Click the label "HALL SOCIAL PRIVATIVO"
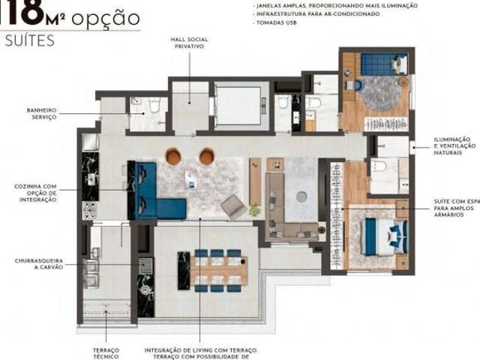tap(189, 42)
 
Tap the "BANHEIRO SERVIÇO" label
tap(38, 113)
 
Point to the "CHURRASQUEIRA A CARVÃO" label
tap(40, 264)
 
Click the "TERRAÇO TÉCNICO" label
tap(106, 352)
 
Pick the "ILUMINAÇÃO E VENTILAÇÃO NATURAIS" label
tap(452, 145)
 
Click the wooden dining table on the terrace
tap(217, 269)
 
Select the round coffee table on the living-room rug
tap(301, 196)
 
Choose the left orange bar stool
tap(173, 156)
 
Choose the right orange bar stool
tap(206, 156)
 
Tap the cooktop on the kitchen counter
tap(90, 208)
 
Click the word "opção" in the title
tap(107, 16)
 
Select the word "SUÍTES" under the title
tap(30, 41)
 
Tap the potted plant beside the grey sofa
tap(255, 211)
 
